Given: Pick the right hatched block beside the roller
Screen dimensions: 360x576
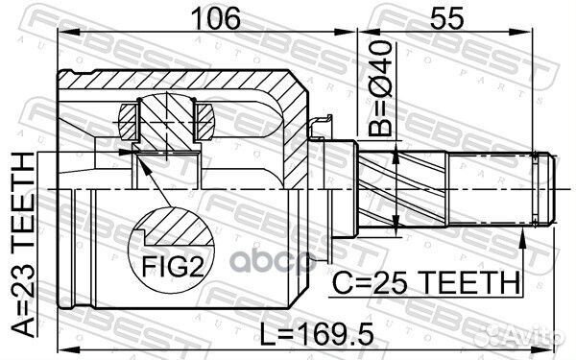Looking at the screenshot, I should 204,121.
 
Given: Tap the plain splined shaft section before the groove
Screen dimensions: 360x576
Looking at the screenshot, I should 490,188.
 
